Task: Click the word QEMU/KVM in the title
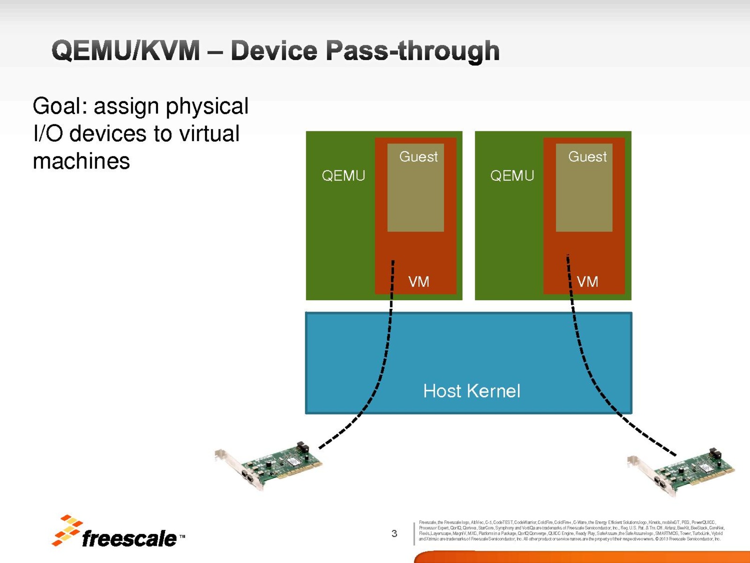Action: point(126,51)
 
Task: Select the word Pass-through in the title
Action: point(412,51)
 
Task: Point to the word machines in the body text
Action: point(81,161)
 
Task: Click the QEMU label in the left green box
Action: point(343,176)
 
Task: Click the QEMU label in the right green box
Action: point(512,176)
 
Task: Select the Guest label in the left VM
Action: point(418,157)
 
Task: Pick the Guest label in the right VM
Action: point(587,157)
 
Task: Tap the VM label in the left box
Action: point(419,281)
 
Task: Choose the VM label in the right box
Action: point(587,281)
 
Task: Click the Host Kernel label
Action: point(472,391)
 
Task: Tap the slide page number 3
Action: point(394,533)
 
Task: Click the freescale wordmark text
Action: point(129,539)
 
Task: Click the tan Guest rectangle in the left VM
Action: point(415,197)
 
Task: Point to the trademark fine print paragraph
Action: point(571,531)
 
